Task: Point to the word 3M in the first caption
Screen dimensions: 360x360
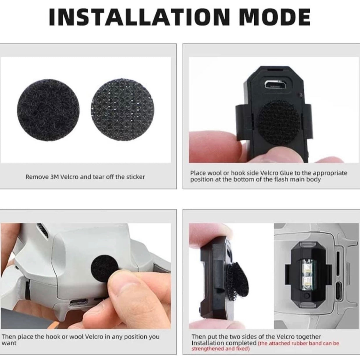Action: pos(53,177)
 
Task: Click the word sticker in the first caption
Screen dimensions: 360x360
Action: pos(135,177)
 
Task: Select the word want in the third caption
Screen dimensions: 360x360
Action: pos(9,343)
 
